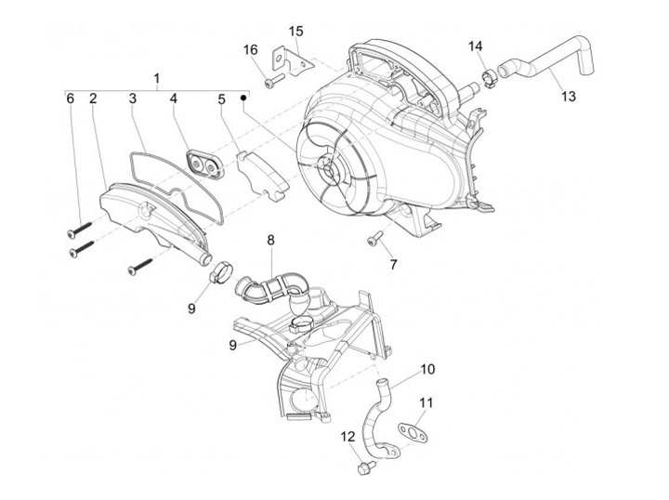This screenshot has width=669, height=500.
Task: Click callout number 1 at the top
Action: [157, 77]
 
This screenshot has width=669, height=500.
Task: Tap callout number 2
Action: [93, 99]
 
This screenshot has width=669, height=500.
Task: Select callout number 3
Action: [133, 99]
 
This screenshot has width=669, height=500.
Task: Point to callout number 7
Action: [393, 265]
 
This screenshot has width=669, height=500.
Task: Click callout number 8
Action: [270, 240]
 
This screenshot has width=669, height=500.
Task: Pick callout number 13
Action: [569, 97]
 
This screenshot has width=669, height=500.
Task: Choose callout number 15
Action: [295, 32]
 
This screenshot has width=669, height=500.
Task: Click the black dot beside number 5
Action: [243, 97]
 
